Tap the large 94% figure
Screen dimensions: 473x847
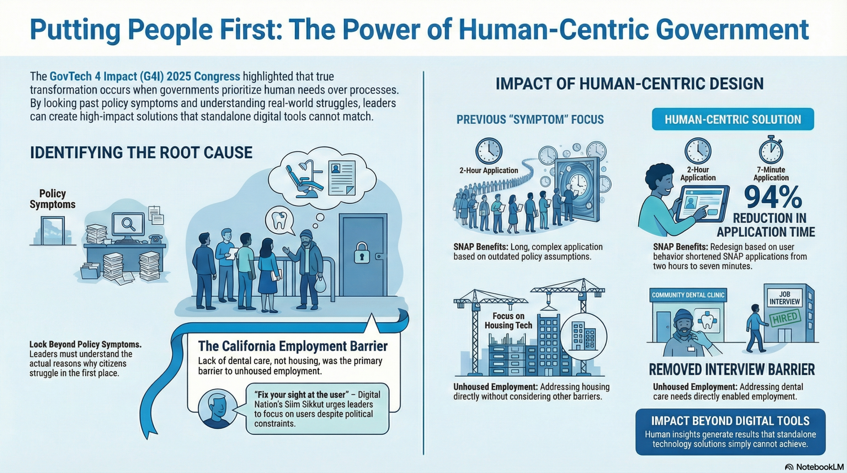click(x=773, y=198)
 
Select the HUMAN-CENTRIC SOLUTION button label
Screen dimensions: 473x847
click(x=733, y=119)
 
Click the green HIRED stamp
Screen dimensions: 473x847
click(x=785, y=318)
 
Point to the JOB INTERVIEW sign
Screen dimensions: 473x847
click(x=784, y=298)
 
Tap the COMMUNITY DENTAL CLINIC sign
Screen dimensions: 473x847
click(x=688, y=295)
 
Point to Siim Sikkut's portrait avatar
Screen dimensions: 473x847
click(x=218, y=408)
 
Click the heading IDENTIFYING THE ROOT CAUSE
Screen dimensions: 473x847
click(x=141, y=153)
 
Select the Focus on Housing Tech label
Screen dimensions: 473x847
click(x=508, y=321)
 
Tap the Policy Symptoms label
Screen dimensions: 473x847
click(x=53, y=199)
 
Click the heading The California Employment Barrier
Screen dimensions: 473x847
click(x=292, y=346)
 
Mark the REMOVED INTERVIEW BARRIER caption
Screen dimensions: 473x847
click(x=732, y=369)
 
